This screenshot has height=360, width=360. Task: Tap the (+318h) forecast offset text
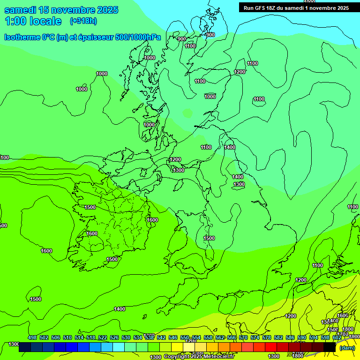pos(83,21)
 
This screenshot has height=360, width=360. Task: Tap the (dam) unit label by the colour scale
pos(347,347)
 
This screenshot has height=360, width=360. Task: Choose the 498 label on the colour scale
pos(32,337)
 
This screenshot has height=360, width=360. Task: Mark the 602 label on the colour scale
pos(337,337)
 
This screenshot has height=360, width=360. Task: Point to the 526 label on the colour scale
pos(114,337)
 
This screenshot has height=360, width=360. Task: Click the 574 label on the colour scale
pos(255,337)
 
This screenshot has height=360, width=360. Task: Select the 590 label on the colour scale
pos(302,337)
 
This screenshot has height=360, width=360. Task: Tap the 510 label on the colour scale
pos(67,337)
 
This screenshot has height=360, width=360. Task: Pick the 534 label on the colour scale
pos(138,337)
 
